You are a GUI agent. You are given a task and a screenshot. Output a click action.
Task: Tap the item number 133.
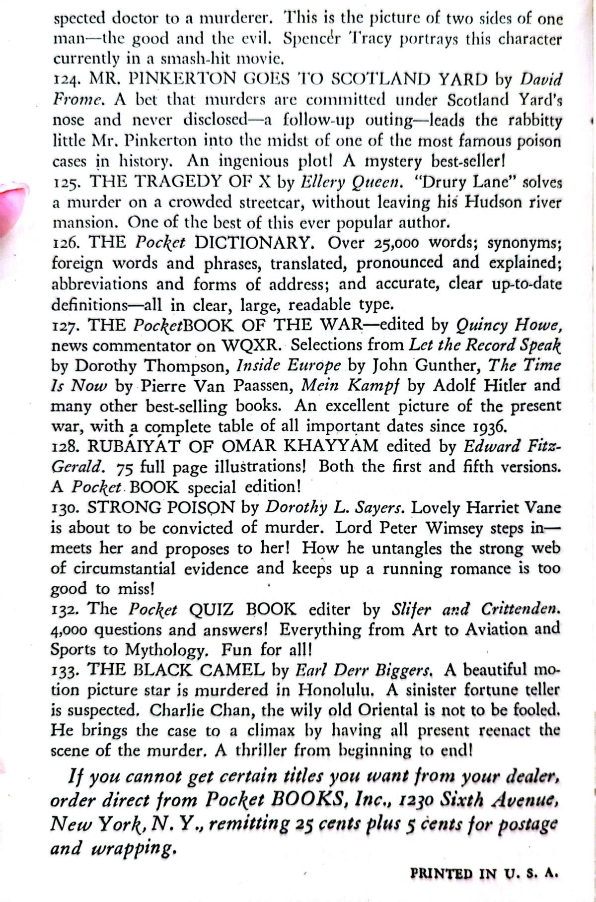click(x=65, y=671)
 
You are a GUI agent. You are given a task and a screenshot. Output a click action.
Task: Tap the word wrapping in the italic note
click(x=134, y=848)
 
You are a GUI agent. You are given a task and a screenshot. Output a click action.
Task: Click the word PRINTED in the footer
click(x=442, y=874)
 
